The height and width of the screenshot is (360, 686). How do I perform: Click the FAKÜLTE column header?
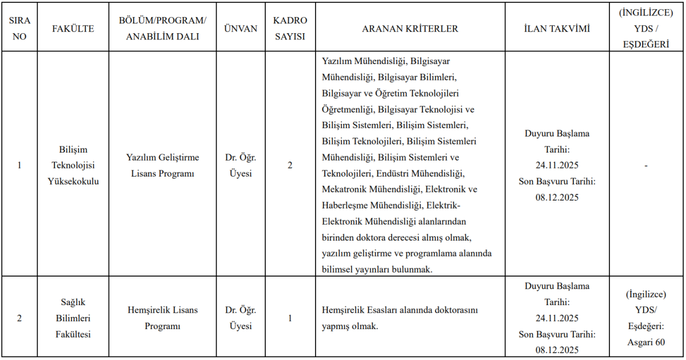(x=73, y=29)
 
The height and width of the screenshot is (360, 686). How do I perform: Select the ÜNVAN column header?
(x=241, y=29)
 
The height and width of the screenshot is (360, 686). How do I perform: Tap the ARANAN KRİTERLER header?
(x=410, y=29)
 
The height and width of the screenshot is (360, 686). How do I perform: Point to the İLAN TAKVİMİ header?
(x=557, y=29)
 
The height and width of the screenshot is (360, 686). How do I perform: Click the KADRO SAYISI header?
(x=290, y=28)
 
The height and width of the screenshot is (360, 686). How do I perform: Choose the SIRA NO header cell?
(x=19, y=28)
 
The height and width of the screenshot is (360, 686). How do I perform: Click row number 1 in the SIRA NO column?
(x=19, y=165)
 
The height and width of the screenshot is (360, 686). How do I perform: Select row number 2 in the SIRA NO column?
(x=19, y=318)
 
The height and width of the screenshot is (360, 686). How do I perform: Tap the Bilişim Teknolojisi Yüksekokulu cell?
(x=73, y=165)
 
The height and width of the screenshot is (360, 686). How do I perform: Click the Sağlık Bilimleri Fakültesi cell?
(x=73, y=318)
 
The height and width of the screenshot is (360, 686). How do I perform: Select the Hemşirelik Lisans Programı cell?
(x=162, y=318)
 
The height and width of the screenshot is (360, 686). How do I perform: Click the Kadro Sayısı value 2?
(x=290, y=165)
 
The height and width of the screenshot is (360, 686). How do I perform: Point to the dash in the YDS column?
(x=645, y=165)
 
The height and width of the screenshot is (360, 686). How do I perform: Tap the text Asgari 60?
(x=645, y=342)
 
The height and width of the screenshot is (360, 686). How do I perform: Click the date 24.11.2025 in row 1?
(x=557, y=166)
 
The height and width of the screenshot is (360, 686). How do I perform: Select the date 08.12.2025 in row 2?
(x=557, y=350)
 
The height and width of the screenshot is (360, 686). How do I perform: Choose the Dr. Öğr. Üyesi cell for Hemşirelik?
(x=241, y=318)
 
